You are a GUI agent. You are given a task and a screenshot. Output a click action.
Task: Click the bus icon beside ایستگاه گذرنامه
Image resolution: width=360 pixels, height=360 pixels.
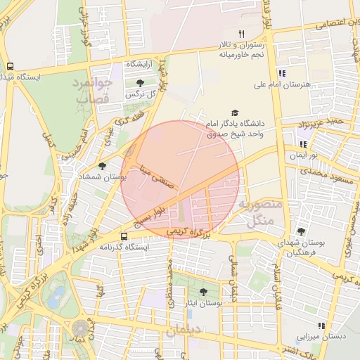click(124, 236)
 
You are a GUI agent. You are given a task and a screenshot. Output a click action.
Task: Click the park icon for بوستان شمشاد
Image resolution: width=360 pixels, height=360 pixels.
click(103, 166)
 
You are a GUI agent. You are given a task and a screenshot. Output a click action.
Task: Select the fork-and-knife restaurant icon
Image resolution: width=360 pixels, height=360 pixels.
click(241, 33)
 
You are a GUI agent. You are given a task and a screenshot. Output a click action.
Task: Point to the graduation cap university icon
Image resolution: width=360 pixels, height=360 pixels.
click(234, 112)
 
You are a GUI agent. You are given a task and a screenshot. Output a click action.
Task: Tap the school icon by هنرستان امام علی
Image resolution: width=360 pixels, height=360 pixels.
click(282, 73)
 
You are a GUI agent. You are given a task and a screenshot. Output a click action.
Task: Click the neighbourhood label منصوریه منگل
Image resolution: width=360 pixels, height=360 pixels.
click(260, 213)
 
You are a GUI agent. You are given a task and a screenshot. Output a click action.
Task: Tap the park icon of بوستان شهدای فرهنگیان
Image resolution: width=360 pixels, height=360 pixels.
click(301, 231)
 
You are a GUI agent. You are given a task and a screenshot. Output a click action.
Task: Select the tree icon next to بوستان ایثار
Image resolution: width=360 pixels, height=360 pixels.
click(203, 292)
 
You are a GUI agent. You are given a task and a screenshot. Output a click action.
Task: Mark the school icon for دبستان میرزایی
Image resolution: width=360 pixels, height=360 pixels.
click(321, 326)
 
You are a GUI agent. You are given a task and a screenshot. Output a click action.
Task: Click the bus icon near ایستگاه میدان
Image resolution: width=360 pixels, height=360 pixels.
click(10, 66)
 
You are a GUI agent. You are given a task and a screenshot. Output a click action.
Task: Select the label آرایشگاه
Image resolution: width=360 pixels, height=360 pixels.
click(143, 64)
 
